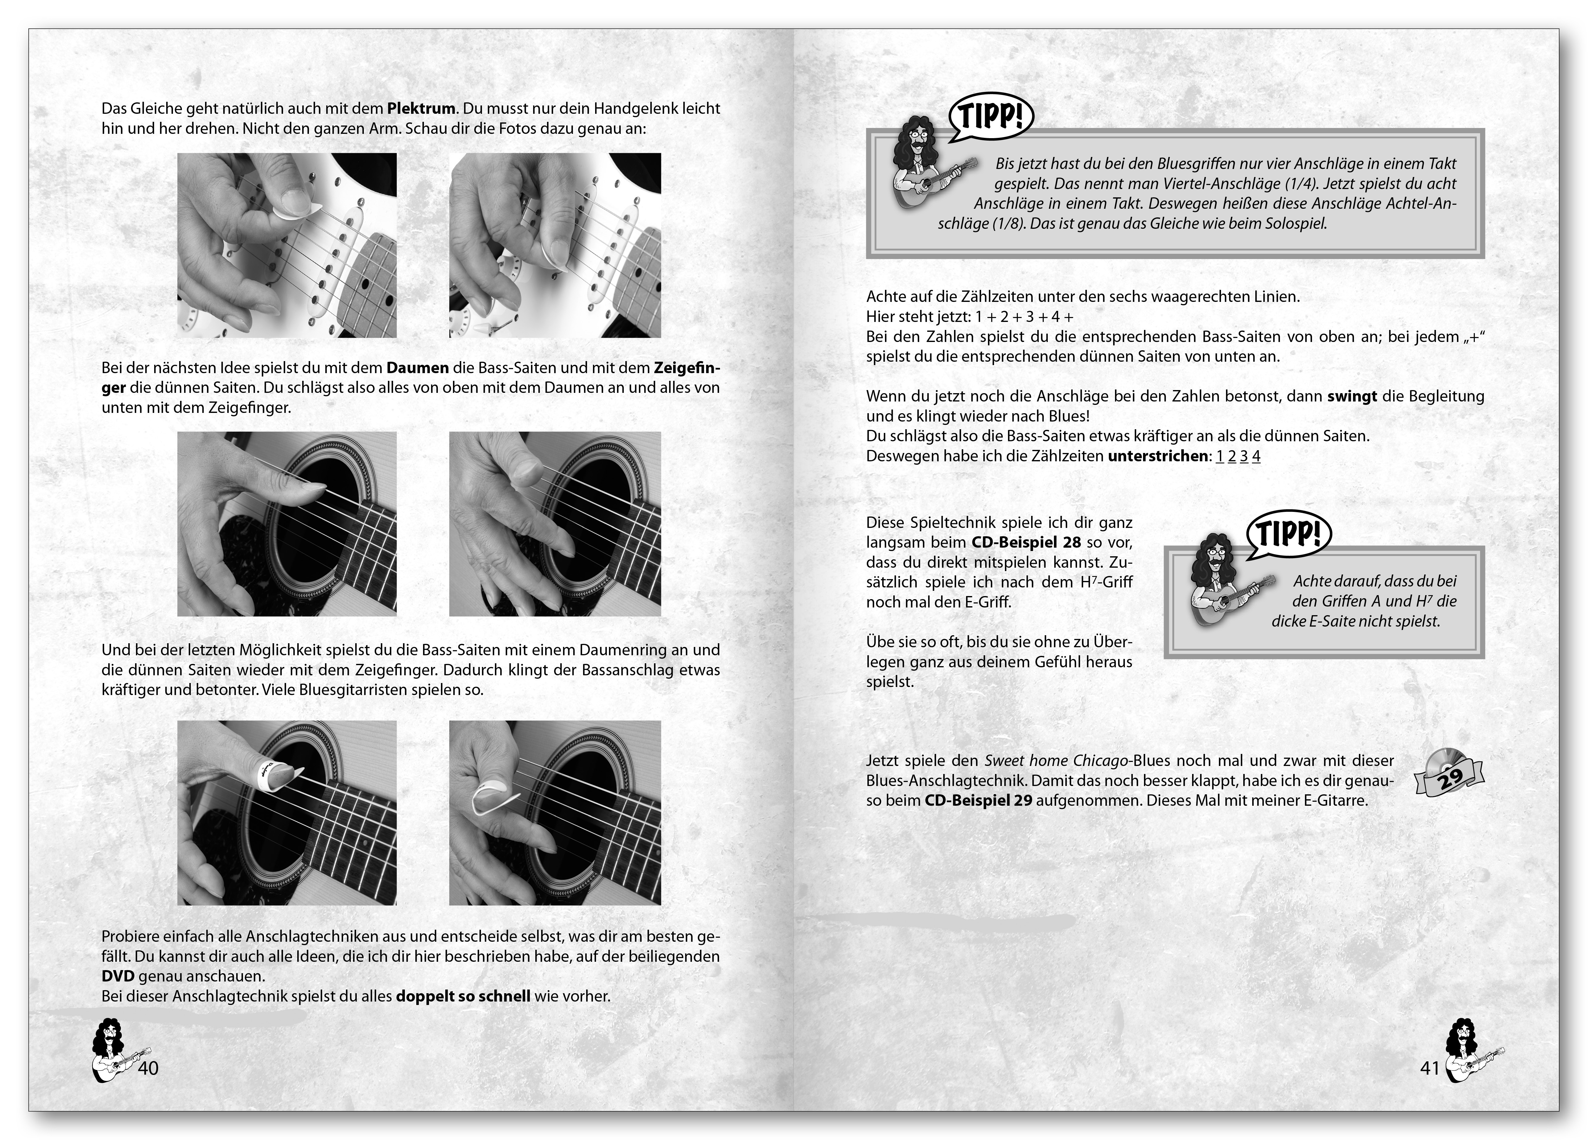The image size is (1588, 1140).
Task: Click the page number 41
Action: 1429,1068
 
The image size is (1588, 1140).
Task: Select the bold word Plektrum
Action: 422,109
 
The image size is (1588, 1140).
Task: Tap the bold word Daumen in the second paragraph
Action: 417,368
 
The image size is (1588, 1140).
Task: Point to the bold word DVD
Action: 117,976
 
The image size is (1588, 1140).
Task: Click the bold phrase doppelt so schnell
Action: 463,996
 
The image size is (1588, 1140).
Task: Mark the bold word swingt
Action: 1352,396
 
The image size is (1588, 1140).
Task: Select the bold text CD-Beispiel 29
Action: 978,800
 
